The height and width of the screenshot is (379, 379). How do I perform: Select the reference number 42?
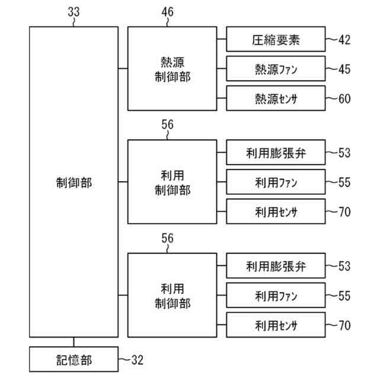tap(344, 40)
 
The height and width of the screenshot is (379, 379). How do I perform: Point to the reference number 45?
tap(344, 69)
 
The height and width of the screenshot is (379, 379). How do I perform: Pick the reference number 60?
tap(344, 98)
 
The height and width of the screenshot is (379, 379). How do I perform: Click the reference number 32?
tap(137, 359)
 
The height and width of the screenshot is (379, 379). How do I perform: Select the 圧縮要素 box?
tap(276, 40)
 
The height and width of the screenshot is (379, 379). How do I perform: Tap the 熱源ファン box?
tap(276, 69)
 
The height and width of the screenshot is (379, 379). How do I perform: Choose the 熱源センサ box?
tap(276, 98)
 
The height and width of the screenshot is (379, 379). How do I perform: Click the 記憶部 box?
tap(73, 359)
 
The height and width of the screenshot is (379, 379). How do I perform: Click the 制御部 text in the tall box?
tap(73, 182)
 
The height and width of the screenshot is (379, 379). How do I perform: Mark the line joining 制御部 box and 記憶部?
tap(73, 342)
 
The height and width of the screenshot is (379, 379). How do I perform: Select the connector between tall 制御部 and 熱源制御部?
tap(123, 69)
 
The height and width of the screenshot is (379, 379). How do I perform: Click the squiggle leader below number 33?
tap(74, 21)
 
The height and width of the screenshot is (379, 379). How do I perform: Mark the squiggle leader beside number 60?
tap(331, 98)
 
